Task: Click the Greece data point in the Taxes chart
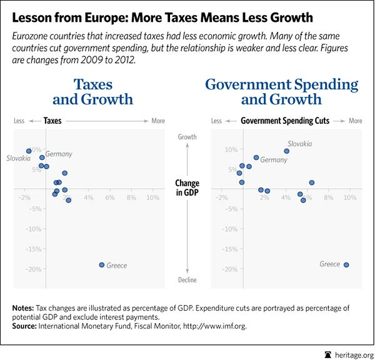[102, 265]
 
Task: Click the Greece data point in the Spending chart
[346, 264]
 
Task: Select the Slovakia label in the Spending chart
[299, 144]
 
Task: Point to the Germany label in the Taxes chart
[58, 154]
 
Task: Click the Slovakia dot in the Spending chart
[287, 151]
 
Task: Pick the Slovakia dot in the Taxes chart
[29, 151]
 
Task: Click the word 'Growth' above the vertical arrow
[187, 136]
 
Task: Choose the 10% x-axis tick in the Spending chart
[350, 197]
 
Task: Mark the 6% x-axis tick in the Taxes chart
[110, 197]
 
